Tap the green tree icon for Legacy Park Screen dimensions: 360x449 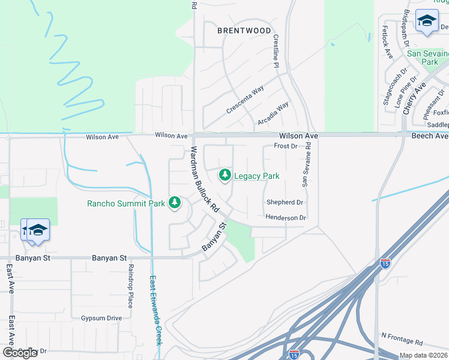[x=224, y=175]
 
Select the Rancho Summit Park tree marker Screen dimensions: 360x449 [x=175, y=203]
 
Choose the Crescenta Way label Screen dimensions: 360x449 [x=245, y=100]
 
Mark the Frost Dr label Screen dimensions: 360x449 [x=286, y=146]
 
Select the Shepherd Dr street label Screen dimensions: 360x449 [x=281, y=203]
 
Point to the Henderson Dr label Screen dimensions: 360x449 [x=286, y=218]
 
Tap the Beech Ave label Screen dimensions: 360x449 [x=429, y=136]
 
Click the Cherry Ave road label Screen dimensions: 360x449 [x=414, y=99]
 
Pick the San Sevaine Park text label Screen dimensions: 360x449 [x=429, y=58]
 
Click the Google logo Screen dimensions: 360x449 [x=20, y=353]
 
